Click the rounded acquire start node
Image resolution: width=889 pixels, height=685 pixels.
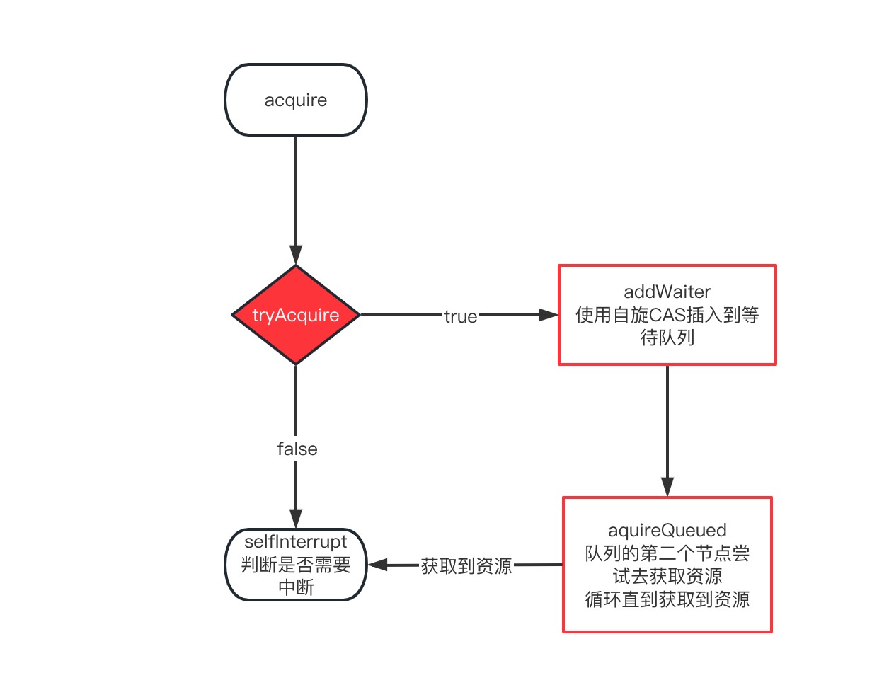coord(295,99)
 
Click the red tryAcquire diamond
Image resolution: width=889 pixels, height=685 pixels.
coord(295,314)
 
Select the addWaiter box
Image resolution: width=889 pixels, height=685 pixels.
coord(667,314)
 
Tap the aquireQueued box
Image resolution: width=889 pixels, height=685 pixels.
coord(667,565)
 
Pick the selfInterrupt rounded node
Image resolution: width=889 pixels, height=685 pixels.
coord(295,565)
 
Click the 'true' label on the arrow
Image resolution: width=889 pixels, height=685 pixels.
coord(460,316)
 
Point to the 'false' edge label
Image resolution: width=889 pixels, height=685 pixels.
coord(297,449)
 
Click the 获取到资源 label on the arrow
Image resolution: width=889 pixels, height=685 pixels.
coord(466,565)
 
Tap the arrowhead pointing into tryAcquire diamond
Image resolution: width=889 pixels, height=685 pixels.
coord(295,254)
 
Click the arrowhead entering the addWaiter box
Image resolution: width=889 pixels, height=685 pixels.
coord(549,314)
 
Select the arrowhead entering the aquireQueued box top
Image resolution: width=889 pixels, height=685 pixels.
coord(667,487)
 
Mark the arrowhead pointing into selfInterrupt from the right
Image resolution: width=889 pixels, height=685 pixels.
coord(377,565)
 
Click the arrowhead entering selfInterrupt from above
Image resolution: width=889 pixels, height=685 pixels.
coord(295,519)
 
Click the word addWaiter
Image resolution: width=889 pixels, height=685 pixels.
coord(667,292)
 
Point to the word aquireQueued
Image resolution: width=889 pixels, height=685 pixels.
coord(667,531)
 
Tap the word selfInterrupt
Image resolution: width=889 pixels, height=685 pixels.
coord(295,542)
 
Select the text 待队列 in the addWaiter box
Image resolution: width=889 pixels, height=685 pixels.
coord(667,338)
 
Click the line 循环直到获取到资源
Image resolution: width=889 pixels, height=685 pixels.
coord(667,599)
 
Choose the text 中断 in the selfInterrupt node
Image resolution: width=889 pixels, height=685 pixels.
coord(295,587)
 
